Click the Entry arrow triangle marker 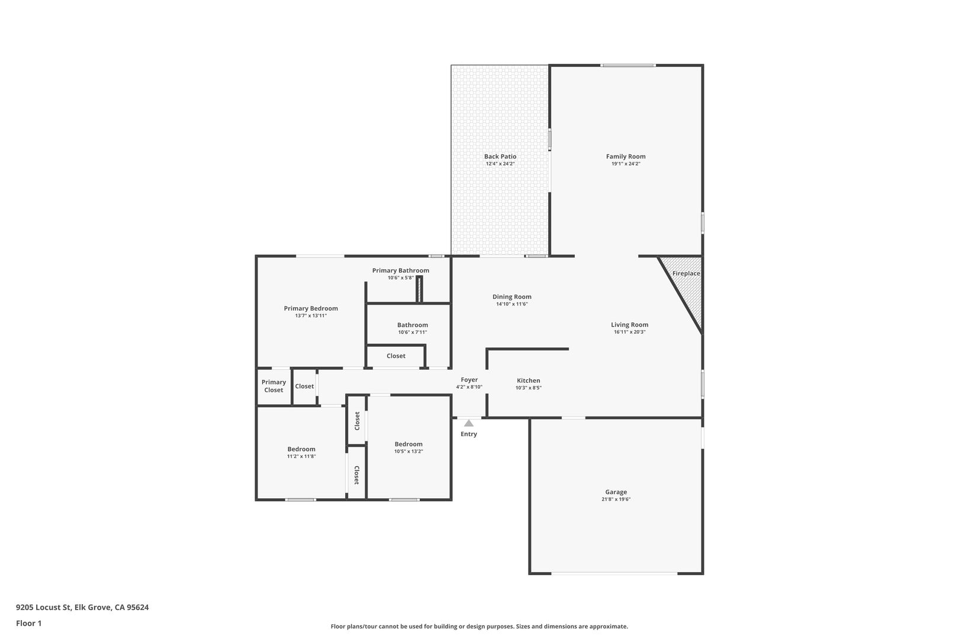[x=469, y=423]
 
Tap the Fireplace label [x=686, y=273]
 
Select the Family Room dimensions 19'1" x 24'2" [x=626, y=163]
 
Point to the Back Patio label [x=500, y=157]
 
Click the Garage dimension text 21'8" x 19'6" [x=616, y=499]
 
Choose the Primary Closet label [x=273, y=386]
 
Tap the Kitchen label [x=528, y=380]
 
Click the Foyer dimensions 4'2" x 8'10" [x=469, y=387]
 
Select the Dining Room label [x=511, y=296]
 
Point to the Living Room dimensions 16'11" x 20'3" [x=629, y=332]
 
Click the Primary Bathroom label [x=400, y=270]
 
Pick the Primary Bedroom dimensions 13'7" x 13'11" [x=311, y=315]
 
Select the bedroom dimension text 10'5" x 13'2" [x=408, y=451]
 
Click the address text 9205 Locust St [x=43, y=607]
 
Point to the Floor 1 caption [x=28, y=623]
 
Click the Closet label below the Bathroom [x=395, y=356]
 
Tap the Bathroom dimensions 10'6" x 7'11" [x=412, y=332]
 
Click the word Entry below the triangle [x=469, y=434]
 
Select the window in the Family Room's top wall [x=627, y=66]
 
